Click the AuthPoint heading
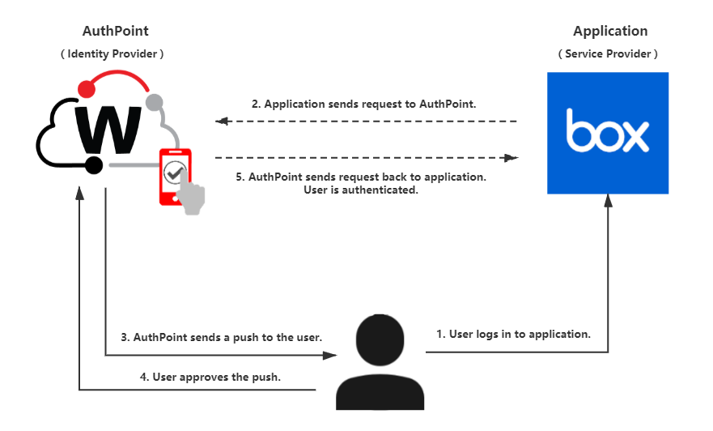point(116,31)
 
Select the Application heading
point(609,31)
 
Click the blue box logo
point(608,134)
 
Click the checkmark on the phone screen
point(174,173)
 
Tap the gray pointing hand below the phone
point(193,198)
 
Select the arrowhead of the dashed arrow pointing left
point(222,122)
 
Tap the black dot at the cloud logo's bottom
point(93,165)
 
